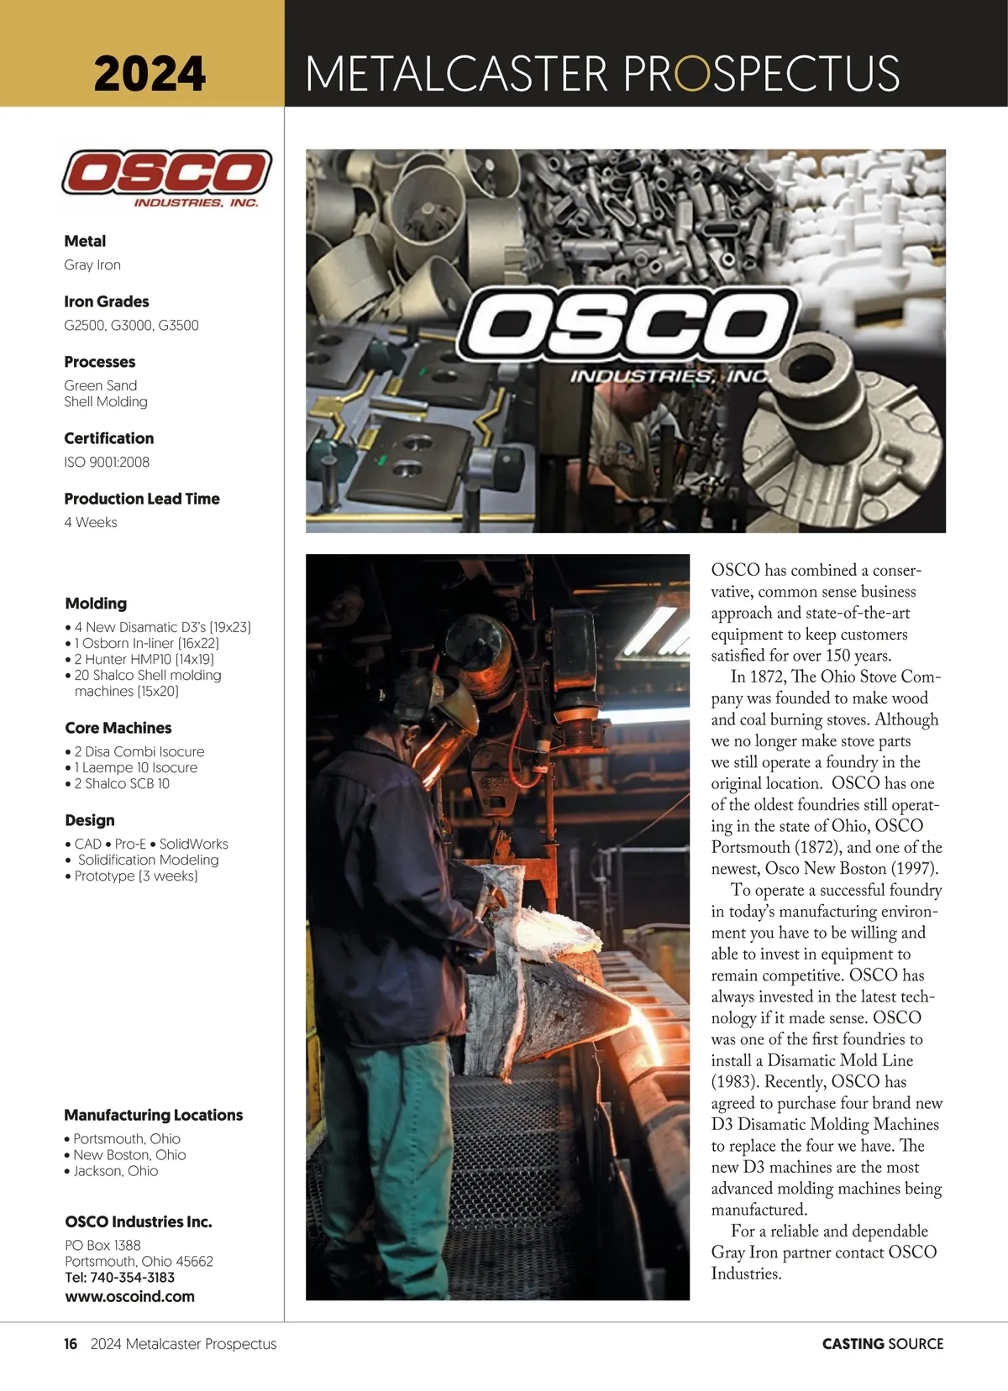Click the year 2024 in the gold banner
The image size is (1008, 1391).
point(150,73)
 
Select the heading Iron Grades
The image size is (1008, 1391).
point(107,301)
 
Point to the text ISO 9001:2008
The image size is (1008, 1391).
point(107,462)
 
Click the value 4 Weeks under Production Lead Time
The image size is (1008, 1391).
point(91,522)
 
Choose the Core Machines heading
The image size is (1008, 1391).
point(118,728)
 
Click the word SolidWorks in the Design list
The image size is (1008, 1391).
point(193,844)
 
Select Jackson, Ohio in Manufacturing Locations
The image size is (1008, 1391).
point(115,1171)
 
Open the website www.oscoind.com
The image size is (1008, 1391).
point(129,1296)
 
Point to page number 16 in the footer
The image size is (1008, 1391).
point(71,1344)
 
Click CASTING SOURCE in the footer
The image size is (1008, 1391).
point(882,1344)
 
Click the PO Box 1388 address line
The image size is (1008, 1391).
point(102,1245)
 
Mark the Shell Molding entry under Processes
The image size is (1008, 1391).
point(106,401)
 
